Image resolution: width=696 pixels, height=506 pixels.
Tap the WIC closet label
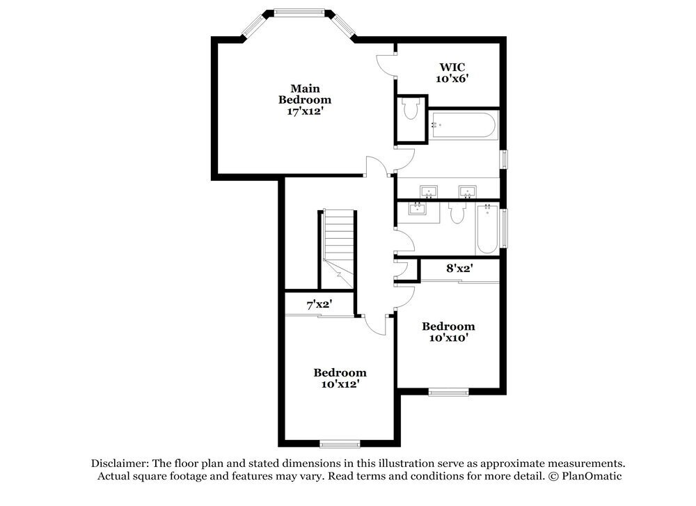pyautogui.click(x=451, y=72)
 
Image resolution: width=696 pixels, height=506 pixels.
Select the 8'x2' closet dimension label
pyautogui.click(x=459, y=267)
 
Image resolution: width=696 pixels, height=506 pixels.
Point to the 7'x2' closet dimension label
pyautogui.click(x=319, y=304)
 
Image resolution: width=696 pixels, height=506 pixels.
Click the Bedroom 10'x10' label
pyautogui.click(x=448, y=332)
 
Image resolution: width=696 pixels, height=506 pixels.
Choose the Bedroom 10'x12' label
pyautogui.click(x=340, y=378)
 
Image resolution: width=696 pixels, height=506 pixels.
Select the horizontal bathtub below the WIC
pyautogui.click(x=463, y=126)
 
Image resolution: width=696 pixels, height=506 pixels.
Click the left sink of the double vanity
pyautogui.click(x=429, y=191)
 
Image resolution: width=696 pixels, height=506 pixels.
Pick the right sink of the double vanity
pyautogui.click(x=466, y=191)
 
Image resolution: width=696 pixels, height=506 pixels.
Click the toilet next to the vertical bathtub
pyautogui.click(x=457, y=212)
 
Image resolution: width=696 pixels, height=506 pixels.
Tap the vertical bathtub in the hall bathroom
pyautogui.click(x=487, y=229)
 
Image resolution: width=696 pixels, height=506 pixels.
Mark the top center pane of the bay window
pyautogui.click(x=299, y=12)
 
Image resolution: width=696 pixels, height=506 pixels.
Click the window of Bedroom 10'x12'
pyautogui.click(x=340, y=443)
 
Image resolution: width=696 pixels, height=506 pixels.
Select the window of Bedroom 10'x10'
pyautogui.click(x=448, y=392)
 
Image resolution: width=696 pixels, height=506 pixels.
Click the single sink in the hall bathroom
pyautogui.click(x=418, y=208)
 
